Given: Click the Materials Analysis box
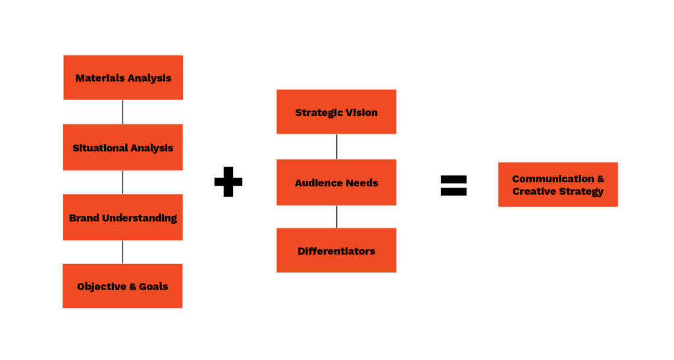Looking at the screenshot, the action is (123, 77).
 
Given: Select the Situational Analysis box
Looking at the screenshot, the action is (123, 147).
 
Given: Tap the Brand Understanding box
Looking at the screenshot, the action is (123, 217).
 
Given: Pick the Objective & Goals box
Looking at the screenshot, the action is (122, 286).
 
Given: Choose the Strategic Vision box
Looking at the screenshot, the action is (336, 112).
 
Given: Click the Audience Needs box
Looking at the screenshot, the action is (336, 182).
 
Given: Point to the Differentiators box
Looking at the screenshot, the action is (336, 251).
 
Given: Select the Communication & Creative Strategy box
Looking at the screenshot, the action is (558, 185).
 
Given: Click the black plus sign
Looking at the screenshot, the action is (228, 182).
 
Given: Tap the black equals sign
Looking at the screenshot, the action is (454, 186).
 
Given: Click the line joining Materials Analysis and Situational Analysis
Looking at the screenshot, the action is (123, 112).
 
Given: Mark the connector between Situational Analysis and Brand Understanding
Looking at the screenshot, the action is (123, 182).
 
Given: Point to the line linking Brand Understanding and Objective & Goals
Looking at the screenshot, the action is (123, 252).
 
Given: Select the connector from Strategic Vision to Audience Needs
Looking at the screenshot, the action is (337, 147).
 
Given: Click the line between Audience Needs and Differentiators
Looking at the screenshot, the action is (337, 217).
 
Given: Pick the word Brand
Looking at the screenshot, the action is (84, 219).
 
